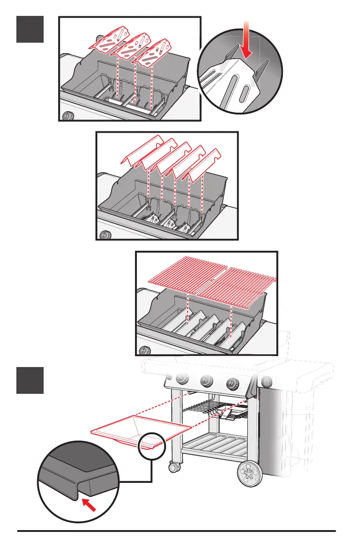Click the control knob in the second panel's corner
tap(105, 235)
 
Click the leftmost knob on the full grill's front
tap(182, 379)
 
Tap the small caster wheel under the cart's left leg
tap(173, 467)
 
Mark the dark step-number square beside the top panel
tap(30, 29)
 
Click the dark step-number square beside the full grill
tap(30, 380)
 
